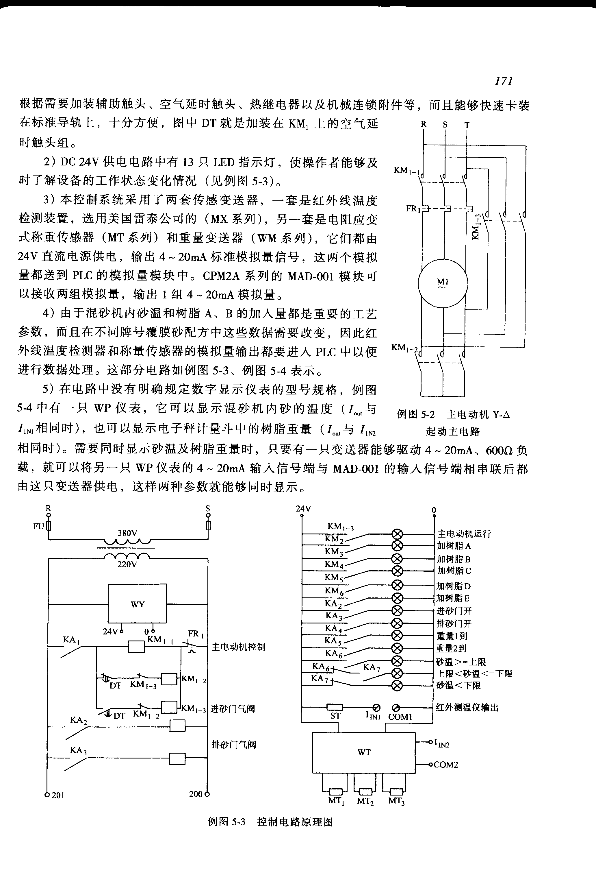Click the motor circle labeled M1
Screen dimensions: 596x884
click(443, 283)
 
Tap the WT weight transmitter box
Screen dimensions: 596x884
click(364, 752)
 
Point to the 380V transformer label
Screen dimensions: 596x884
click(127, 533)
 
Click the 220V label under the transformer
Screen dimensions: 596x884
click(127, 564)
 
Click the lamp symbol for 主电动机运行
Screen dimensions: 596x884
click(397, 534)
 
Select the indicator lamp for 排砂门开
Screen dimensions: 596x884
click(397, 623)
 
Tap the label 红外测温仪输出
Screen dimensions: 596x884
click(467, 708)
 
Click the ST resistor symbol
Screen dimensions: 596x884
click(335, 707)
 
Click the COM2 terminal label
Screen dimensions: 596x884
click(445, 765)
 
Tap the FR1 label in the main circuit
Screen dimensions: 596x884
click(413, 209)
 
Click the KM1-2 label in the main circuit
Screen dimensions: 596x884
click(405, 348)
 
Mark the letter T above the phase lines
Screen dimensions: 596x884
click(467, 125)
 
